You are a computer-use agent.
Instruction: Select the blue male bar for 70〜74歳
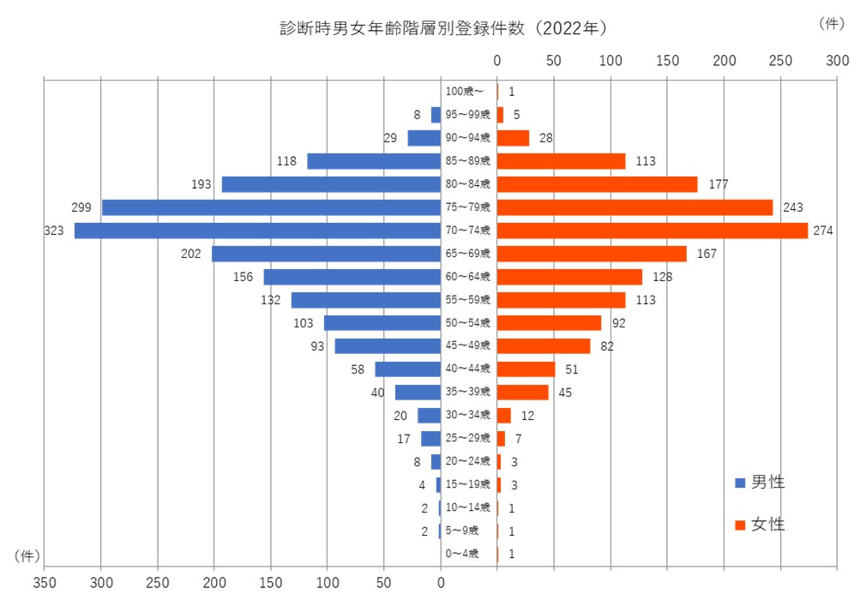click(x=257, y=231)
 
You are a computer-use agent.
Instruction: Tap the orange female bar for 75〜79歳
click(x=634, y=207)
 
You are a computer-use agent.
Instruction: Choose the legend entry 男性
click(x=761, y=483)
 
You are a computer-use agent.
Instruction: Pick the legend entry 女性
click(x=761, y=525)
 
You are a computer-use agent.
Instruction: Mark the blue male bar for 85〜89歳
click(x=374, y=161)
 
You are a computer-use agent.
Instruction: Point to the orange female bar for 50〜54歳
click(x=549, y=323)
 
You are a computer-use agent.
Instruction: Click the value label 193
click(x=201, y=184)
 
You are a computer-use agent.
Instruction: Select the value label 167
click(x=706, y=254)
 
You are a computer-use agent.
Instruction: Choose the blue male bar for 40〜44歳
click(x=407, y=369)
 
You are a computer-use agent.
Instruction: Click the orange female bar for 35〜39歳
click(x=522, y=393)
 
